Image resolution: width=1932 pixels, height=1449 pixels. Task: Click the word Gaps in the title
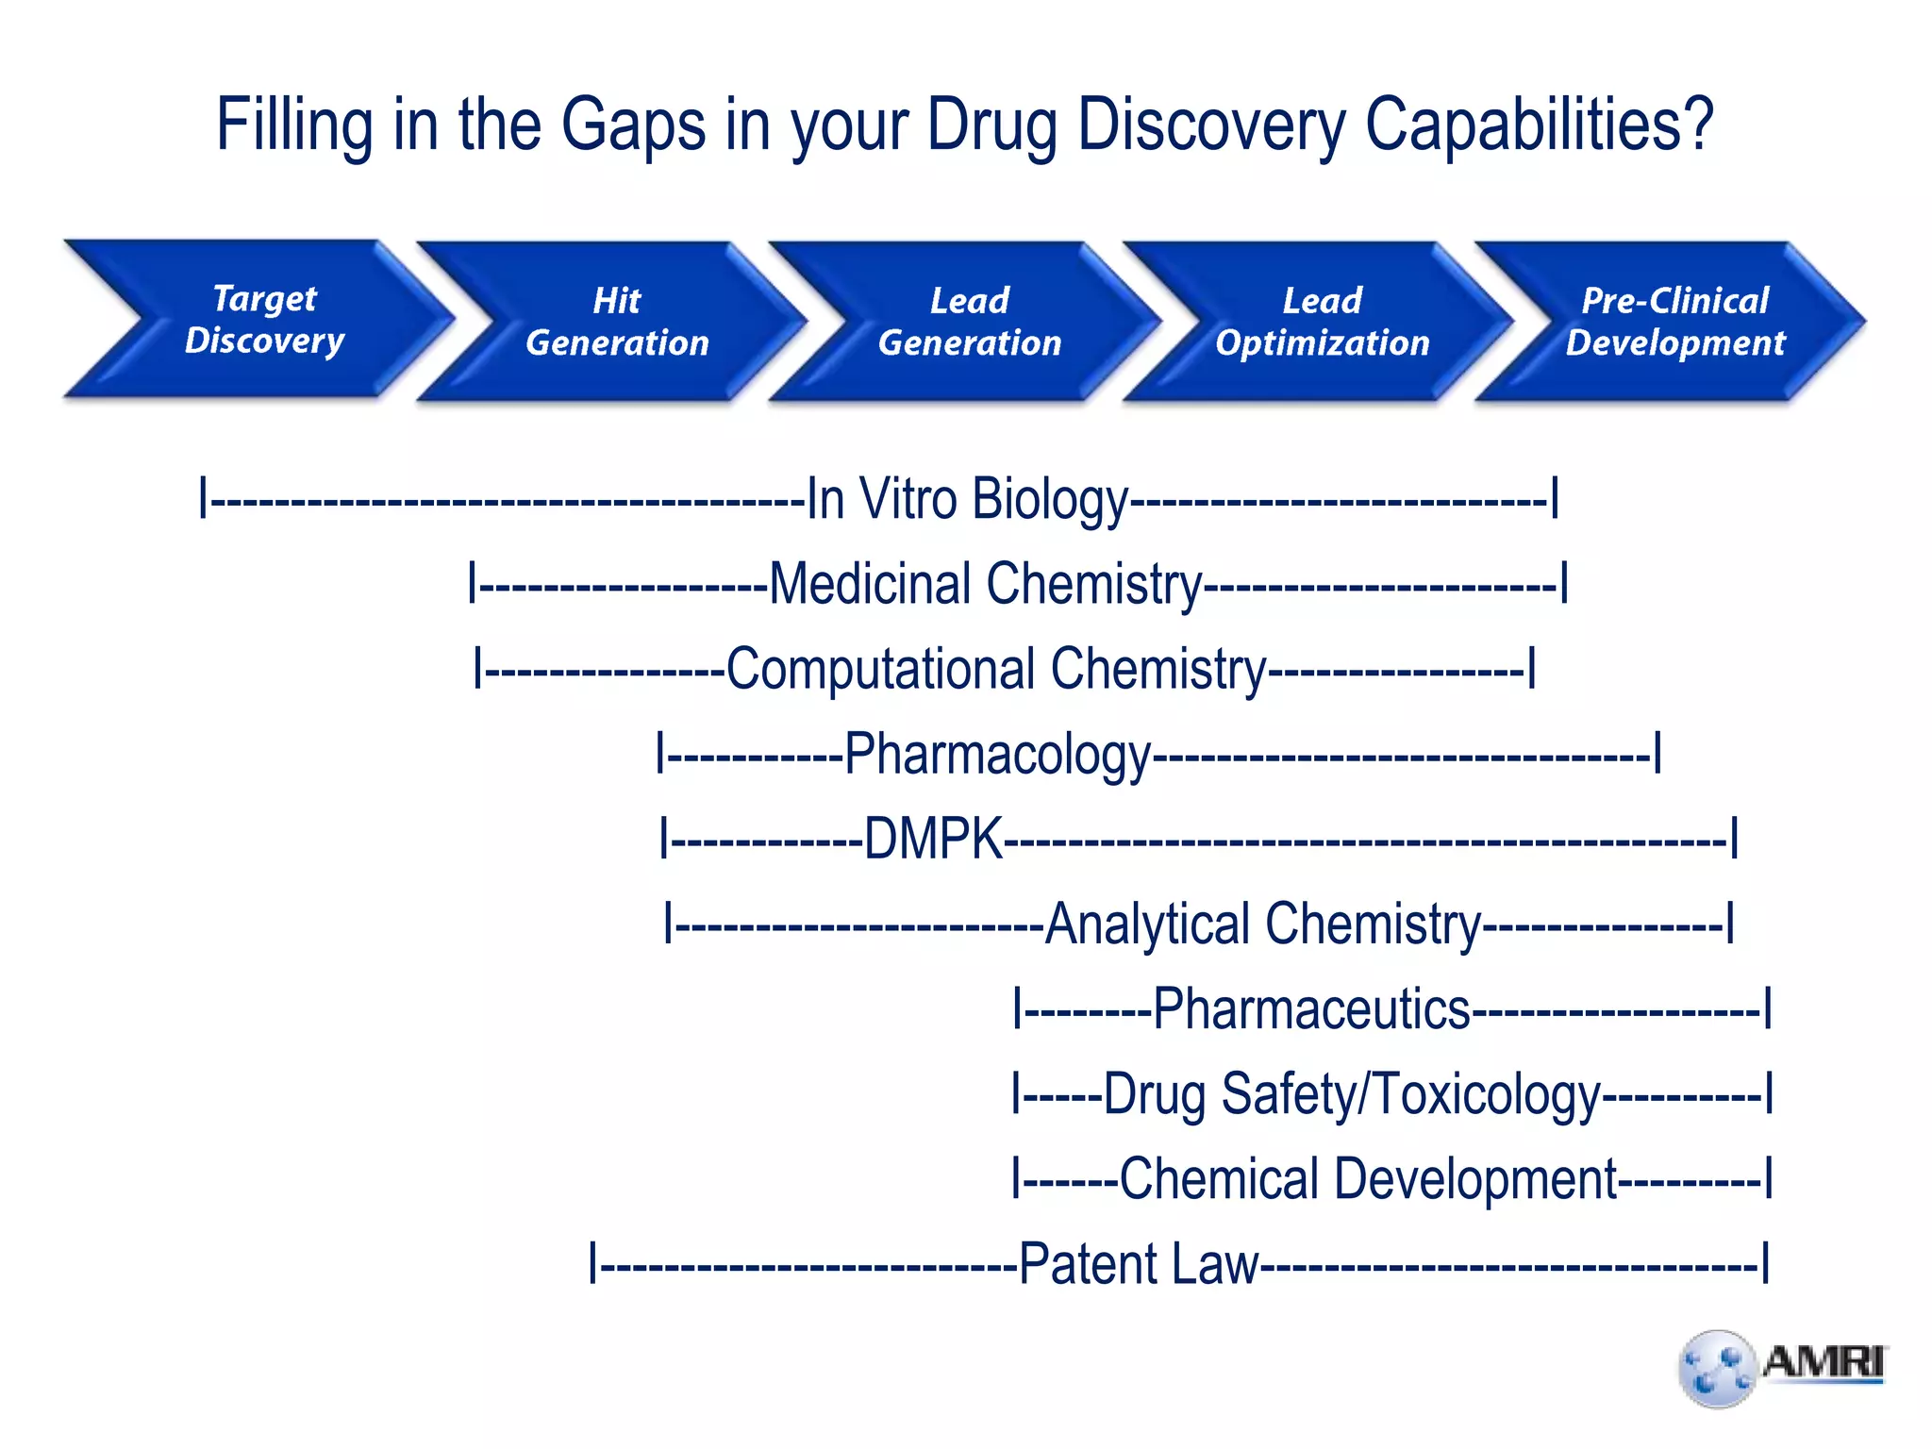(633, 125)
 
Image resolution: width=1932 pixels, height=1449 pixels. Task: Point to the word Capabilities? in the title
(1539, 125)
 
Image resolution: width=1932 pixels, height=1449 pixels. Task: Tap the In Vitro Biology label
(968, 499)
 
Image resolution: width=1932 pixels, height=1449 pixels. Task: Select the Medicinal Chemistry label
(986, 584)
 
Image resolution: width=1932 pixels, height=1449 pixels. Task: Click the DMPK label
(933, 839)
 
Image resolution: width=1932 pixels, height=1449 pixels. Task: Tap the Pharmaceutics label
(1311, 1008)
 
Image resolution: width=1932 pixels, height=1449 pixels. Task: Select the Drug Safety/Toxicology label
(1352, 1094)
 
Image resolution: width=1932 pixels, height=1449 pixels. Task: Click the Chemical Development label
(1368, 1179)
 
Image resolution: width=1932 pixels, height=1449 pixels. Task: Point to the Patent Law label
(1139, 1264)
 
